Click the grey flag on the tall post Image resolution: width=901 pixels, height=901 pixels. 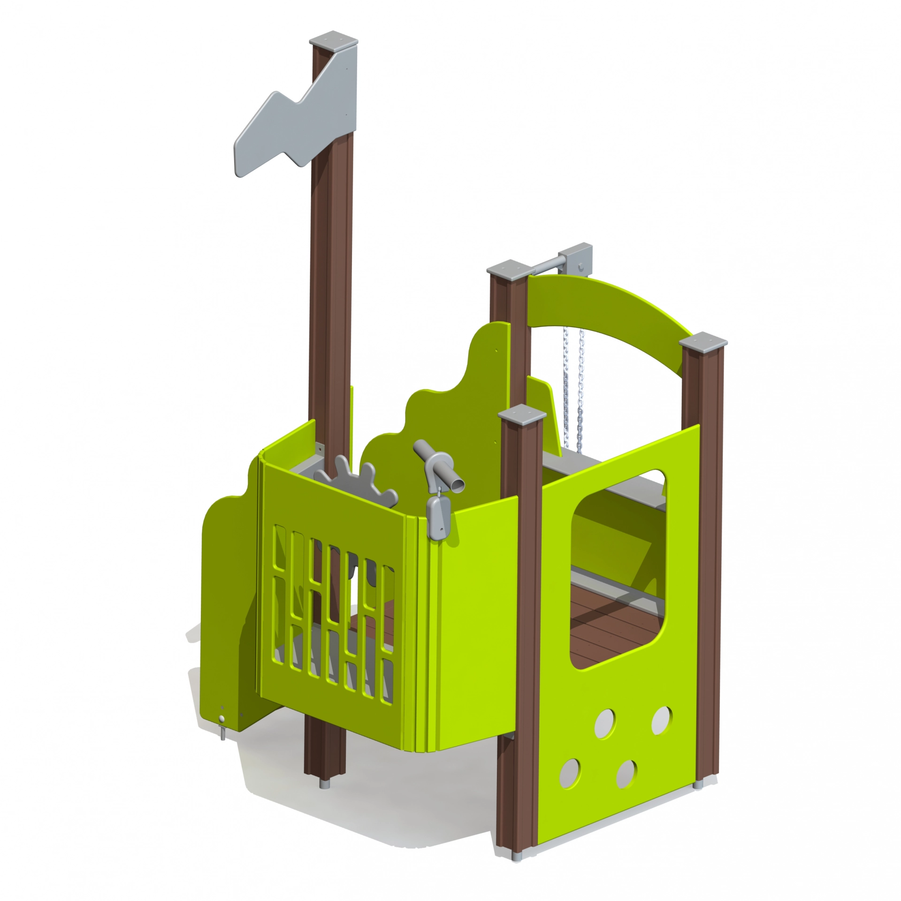click(300, 117)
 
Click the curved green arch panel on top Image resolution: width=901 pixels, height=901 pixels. click(610, 305)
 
